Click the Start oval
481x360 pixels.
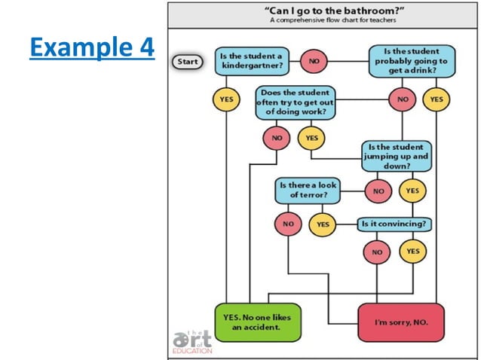click(x=186, y=62)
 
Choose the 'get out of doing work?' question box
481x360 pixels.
click(x=295, y=102)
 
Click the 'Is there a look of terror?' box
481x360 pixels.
click(x=308, y=190)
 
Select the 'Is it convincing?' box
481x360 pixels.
click(x=395, y=224)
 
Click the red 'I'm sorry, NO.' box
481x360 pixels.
click(x=400, y=322)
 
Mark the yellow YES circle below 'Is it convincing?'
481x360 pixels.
click(x=412, y=251)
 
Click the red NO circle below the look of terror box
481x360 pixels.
click(x=287, y=224)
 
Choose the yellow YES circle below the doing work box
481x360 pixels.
click(x=311, y=138)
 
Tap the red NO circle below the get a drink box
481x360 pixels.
click(x=403, y=99)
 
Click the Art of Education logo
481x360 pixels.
click(x=193, y=340)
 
